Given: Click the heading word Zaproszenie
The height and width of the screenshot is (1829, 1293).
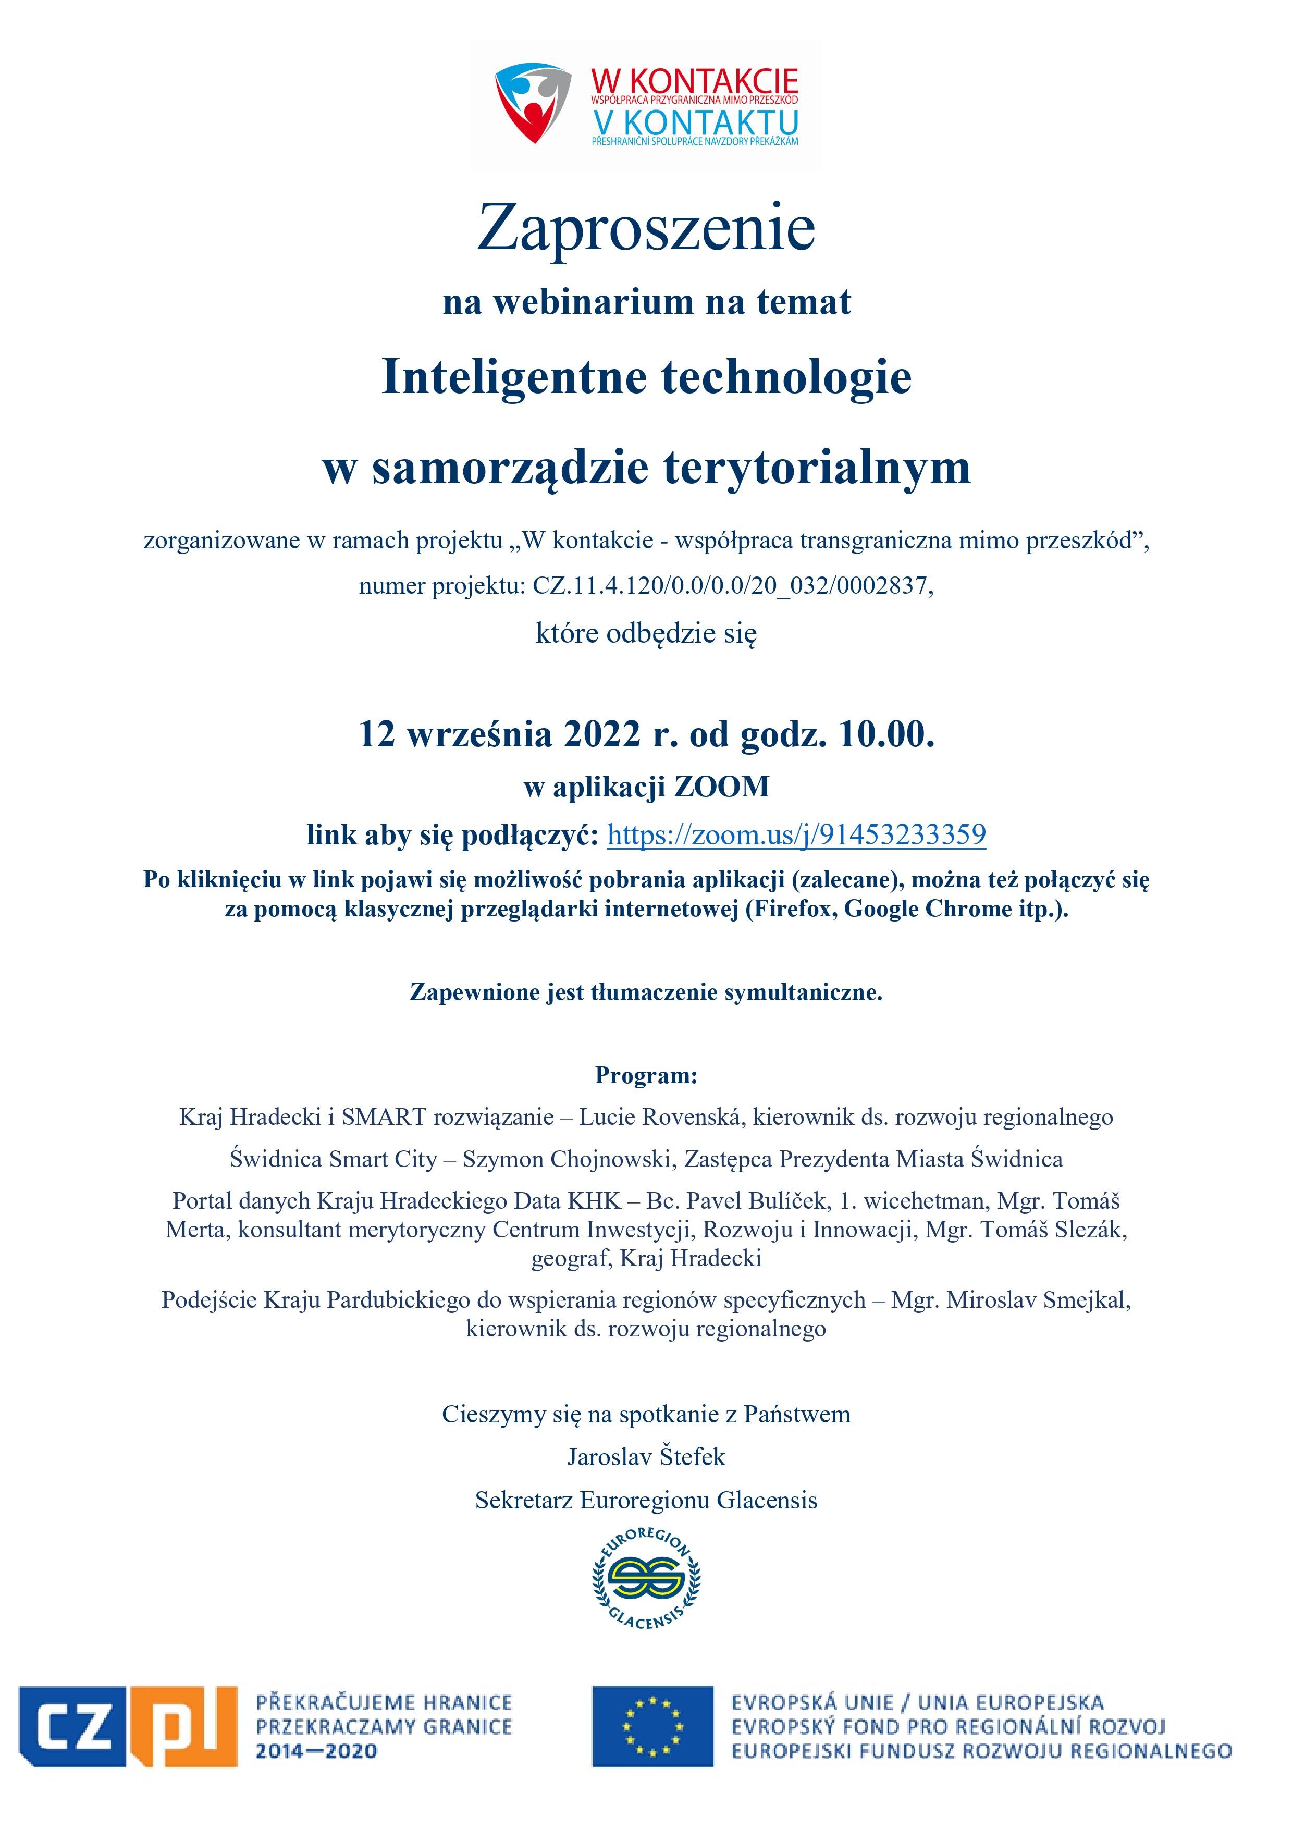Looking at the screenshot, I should pyautogui.click(x=646, y=229).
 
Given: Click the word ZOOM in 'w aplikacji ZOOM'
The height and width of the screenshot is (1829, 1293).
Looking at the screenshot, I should pyautogui.click(x=722, y=787).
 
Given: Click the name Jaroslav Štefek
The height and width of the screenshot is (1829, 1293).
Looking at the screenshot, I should pyautogui.click(x=646, y=1456).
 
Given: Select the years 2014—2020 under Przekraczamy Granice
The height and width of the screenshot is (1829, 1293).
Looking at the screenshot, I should pyautogui.click(x=316, y=1752).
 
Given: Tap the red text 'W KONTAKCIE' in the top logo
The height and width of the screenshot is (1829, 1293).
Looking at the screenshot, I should pyautogui.click(x=694, y=80).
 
